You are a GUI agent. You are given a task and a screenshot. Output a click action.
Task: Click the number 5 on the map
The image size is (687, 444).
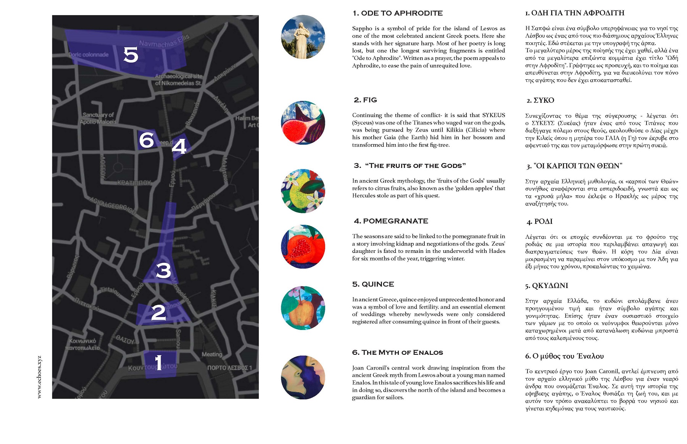click(131, 55)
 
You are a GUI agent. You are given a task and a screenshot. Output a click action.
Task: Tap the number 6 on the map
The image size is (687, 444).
click(147, 140)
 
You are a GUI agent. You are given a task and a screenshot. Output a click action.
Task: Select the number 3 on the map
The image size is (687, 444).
click(163, 270)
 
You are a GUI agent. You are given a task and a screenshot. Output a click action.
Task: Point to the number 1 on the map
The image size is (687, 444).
click(158, 362)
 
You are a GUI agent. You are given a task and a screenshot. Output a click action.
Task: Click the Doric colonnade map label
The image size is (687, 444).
click(89, 55)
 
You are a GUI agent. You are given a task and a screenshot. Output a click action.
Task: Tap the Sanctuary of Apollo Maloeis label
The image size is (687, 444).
click(98, 118)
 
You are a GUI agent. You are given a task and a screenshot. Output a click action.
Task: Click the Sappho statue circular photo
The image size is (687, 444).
click(303, 37)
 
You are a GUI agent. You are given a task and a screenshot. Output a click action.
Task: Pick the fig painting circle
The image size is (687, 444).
click(303, 123)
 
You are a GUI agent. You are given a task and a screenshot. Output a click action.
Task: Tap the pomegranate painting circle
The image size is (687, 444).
click(303, 246)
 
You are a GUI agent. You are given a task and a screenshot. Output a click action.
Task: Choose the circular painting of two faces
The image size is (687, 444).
click(303, 377)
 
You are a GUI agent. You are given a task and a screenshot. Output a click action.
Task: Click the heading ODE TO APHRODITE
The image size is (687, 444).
click(397, 13)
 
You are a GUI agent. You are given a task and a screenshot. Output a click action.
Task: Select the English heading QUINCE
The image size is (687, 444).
click(373, 284)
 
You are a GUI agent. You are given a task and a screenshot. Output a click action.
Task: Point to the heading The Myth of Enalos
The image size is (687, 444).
click(397, 352)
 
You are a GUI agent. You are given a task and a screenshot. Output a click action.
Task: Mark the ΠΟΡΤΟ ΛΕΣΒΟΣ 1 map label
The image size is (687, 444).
click(229, 368)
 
